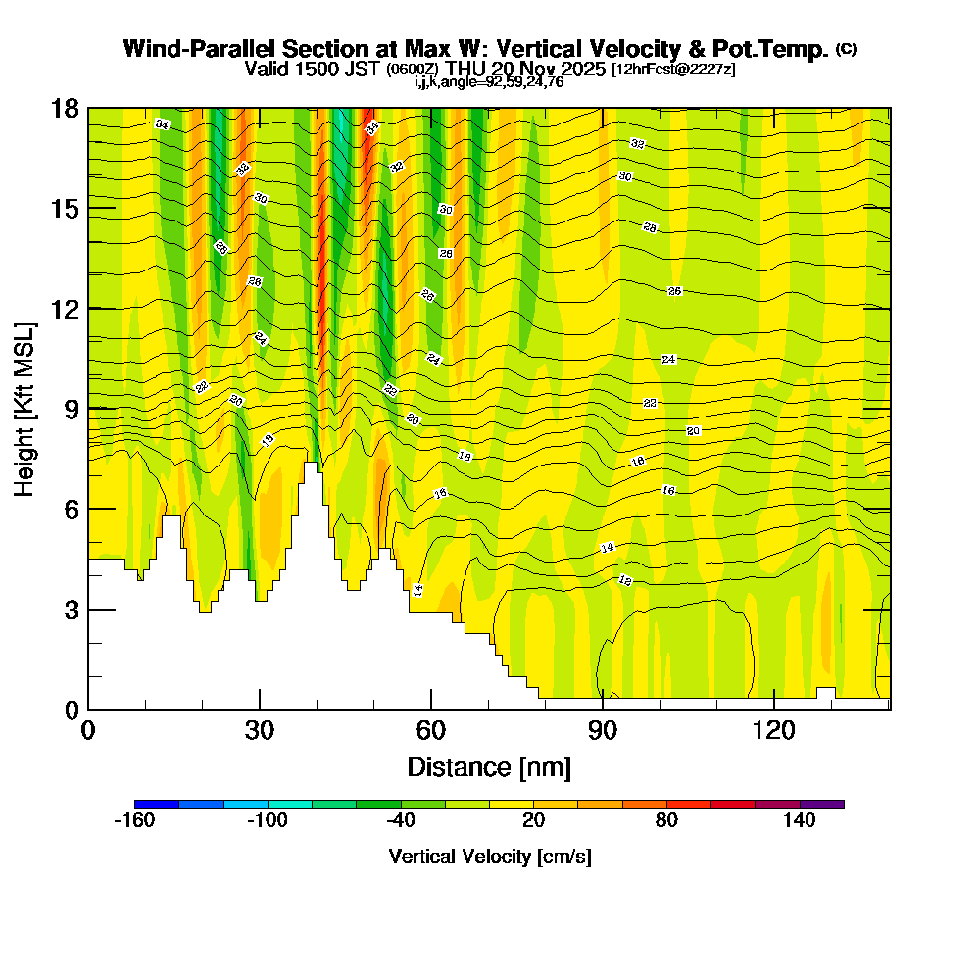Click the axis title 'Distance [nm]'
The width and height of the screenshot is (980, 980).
489,766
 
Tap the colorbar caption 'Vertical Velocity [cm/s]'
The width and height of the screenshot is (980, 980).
490,857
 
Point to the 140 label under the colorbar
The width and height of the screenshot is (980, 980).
800,821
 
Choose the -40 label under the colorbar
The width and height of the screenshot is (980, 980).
401,821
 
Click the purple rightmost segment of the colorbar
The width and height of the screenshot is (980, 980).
822,804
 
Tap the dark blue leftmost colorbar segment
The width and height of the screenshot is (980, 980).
157,804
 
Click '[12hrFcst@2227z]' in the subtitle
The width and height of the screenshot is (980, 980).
672,70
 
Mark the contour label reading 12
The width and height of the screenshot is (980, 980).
625,581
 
